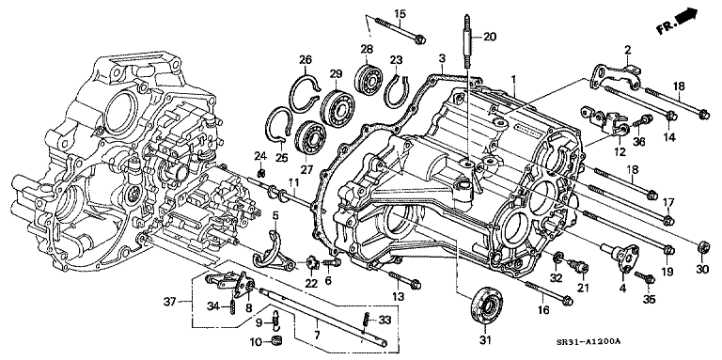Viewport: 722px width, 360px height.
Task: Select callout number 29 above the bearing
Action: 335,72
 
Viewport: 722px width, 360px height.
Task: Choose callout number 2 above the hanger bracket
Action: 626,48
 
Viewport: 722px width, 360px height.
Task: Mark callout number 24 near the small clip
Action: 260,154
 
